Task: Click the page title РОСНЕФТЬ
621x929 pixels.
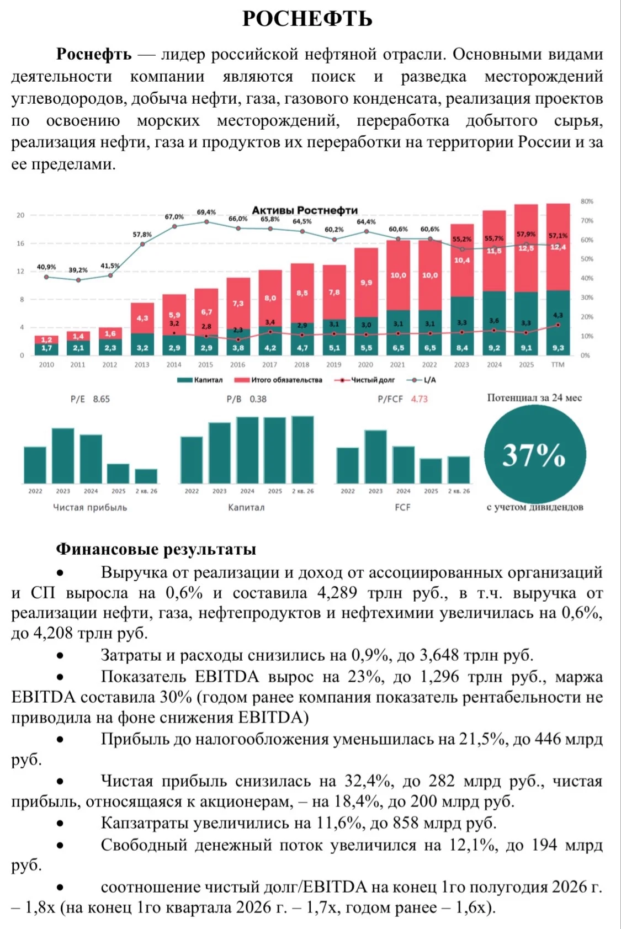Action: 307,19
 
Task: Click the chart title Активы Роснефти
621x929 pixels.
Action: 305,210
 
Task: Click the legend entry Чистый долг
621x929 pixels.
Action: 364,380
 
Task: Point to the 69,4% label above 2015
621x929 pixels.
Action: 206,212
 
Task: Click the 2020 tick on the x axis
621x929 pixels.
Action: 365,365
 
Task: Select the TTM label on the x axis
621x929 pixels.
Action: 558,365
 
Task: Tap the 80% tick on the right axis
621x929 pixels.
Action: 587,201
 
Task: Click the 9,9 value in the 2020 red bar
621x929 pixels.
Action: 367,283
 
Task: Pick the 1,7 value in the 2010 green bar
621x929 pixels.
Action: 46,348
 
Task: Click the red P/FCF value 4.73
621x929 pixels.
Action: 419,399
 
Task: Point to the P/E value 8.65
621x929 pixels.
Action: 101,399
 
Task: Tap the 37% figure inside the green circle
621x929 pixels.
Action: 534,455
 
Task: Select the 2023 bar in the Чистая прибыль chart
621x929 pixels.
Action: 63,456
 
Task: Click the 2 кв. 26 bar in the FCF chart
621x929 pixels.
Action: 459,470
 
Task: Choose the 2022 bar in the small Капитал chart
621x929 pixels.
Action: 192,460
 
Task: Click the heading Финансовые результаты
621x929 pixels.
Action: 156,549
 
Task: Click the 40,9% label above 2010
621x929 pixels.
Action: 46,267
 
